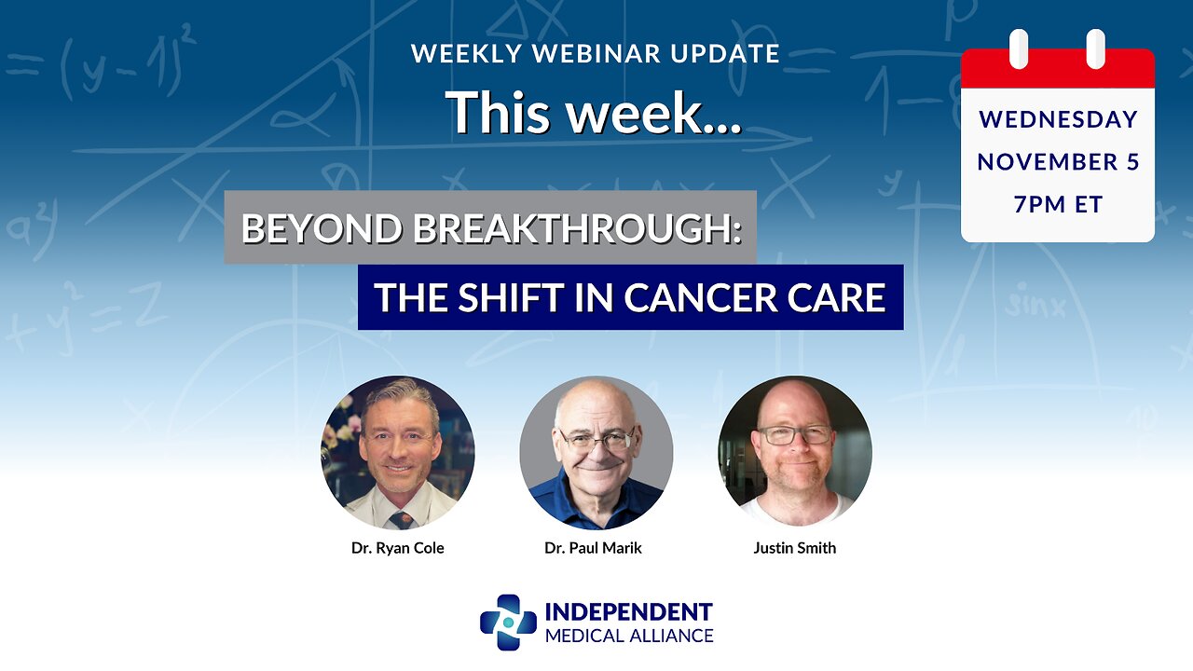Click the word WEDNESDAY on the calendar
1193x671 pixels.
tap(1058, 119)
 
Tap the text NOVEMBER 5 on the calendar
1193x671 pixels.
tap(1058, 162)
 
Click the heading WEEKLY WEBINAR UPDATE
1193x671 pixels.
tap(596, 54)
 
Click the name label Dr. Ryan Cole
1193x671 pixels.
tap(398, 548)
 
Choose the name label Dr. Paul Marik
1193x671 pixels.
tap(594, 548)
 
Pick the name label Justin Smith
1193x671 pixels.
tap(795, 548)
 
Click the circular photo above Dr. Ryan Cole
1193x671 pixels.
tap(398, 453)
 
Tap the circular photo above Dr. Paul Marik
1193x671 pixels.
tap(596, 453)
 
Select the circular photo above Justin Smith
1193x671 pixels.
tap(795, 453)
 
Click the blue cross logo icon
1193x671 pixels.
tap(508, 623)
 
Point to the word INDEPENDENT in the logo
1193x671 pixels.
tap(628, 612)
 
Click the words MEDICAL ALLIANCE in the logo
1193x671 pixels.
tap(628, 636)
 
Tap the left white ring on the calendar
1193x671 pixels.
tap(1020, 48)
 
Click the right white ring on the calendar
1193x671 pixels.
tap(1095, 48)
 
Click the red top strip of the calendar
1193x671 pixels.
tap(1058, 71)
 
